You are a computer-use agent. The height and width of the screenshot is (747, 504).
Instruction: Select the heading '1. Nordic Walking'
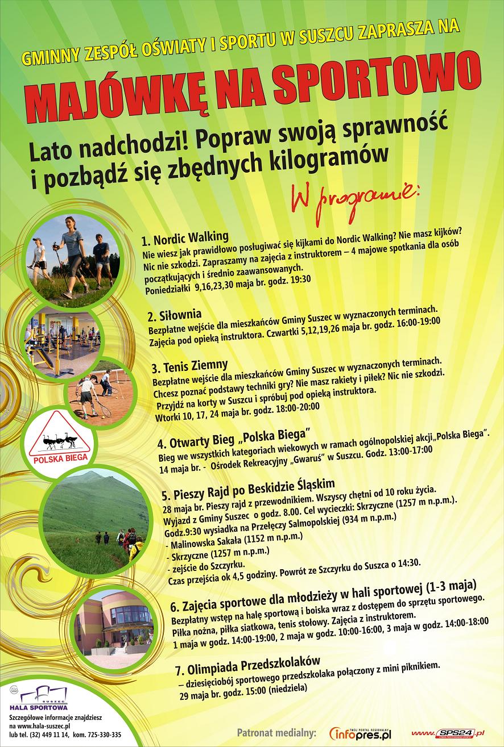185,237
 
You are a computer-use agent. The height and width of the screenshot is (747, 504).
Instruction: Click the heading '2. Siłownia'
174,315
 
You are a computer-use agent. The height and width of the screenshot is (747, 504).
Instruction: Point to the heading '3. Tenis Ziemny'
190,365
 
